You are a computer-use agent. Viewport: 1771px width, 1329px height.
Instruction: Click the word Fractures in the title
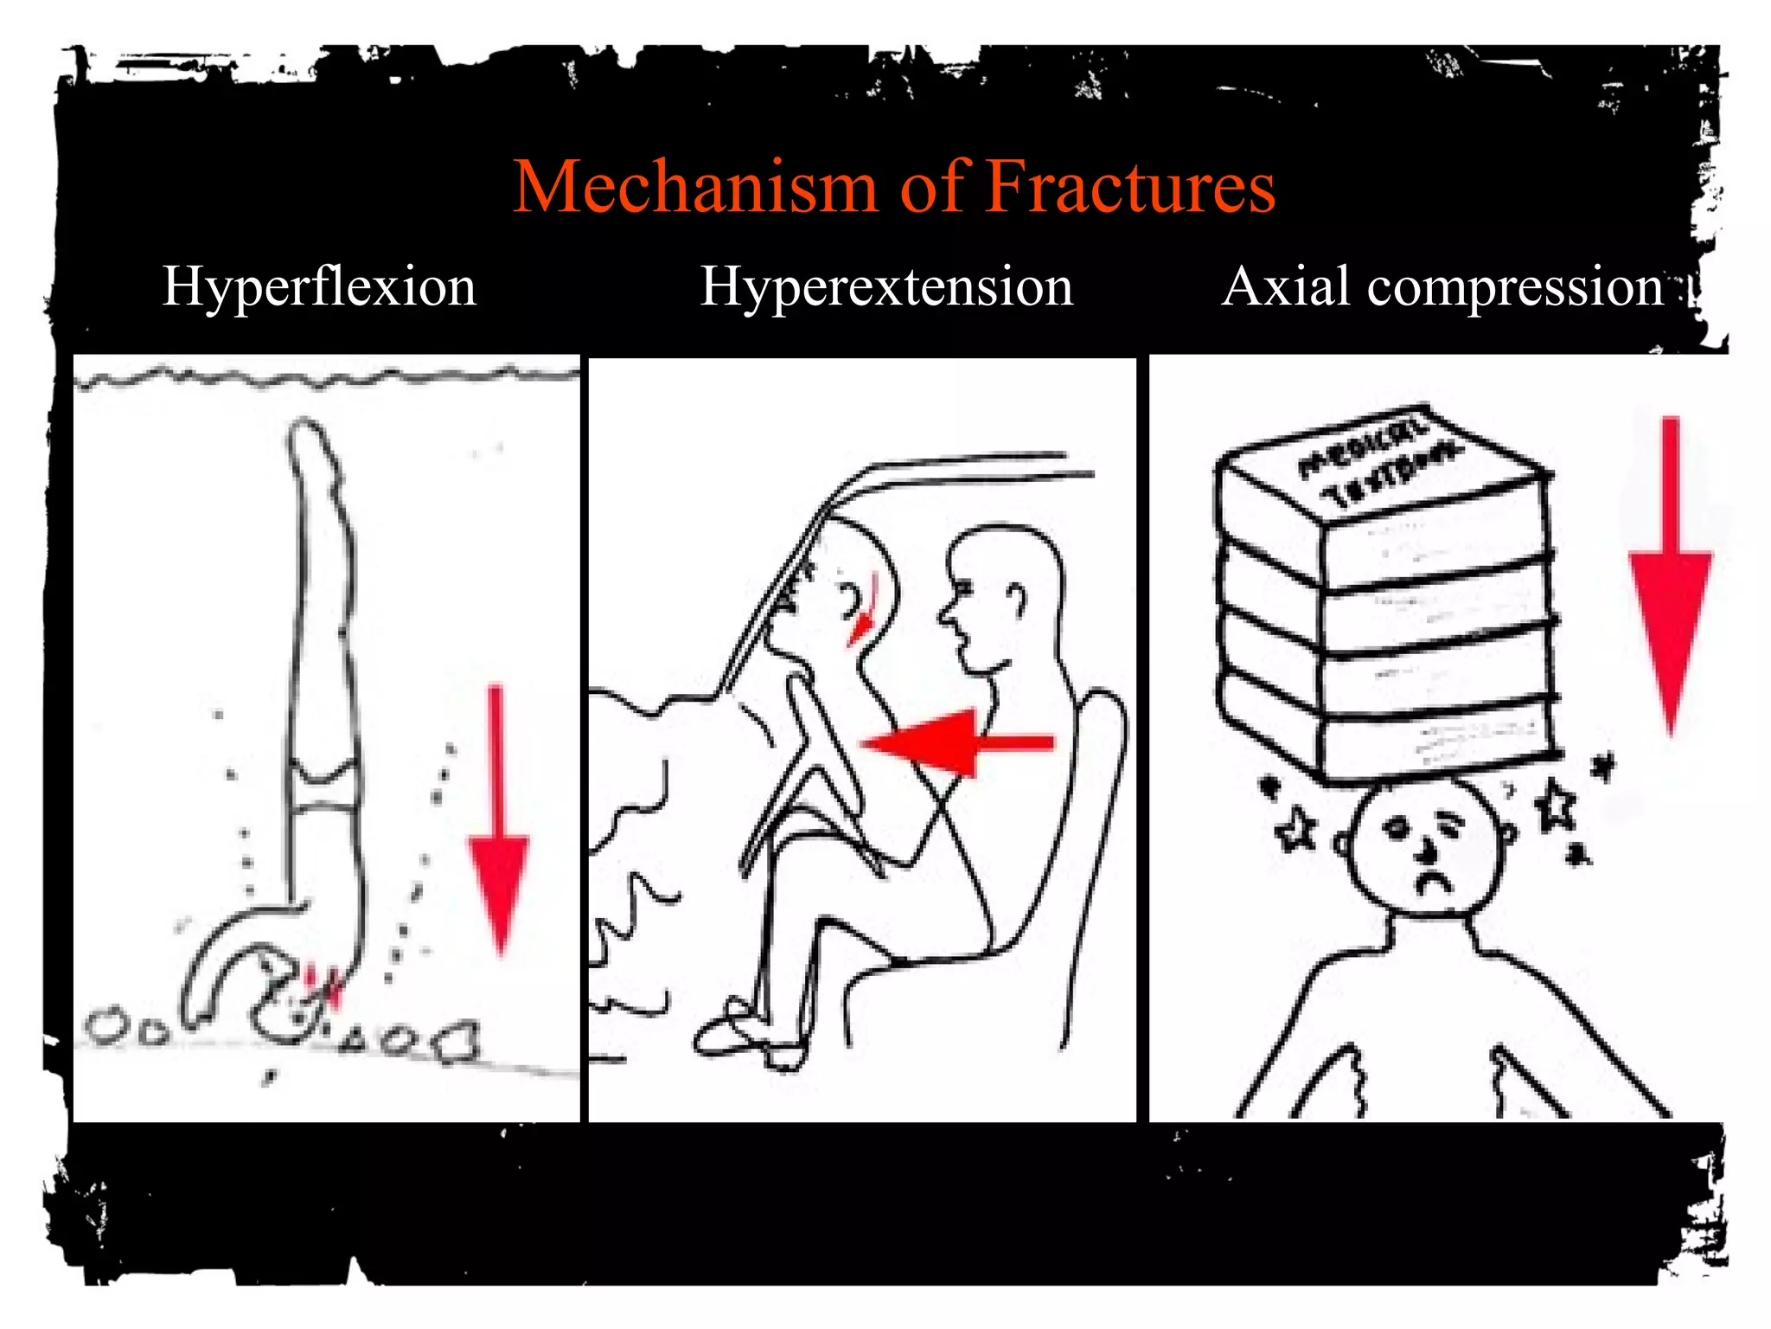point(1129,187)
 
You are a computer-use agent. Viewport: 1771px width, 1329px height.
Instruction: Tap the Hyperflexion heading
point(319,287)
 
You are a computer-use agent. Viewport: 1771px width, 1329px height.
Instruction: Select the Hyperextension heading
point(885,287)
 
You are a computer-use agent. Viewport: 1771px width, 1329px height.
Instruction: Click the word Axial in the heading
point(1286,287)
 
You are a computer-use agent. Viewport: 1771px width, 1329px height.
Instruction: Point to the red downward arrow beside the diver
point(498,831)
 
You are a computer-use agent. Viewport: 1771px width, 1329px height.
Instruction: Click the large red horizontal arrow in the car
point(951,742)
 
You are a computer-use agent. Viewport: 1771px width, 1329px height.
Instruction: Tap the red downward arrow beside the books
point(1670,588)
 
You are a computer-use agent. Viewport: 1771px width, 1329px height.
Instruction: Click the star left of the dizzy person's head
point(1295,830)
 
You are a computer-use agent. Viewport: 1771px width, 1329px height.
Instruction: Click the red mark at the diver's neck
point(324,986)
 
